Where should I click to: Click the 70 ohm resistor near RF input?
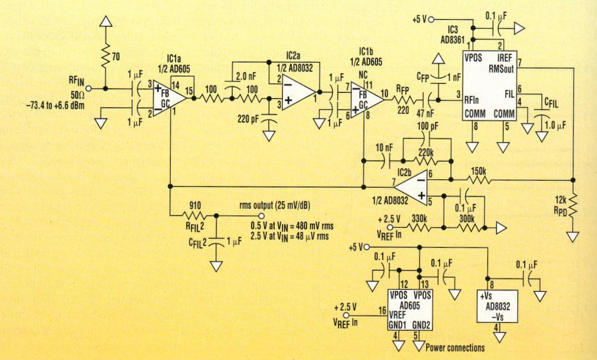pos(107,56)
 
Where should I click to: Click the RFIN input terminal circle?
pos(88,88)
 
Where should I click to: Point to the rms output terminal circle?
pos(262,216)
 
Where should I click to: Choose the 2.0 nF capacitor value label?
pos(248,76)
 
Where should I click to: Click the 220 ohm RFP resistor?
pos(403,99)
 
